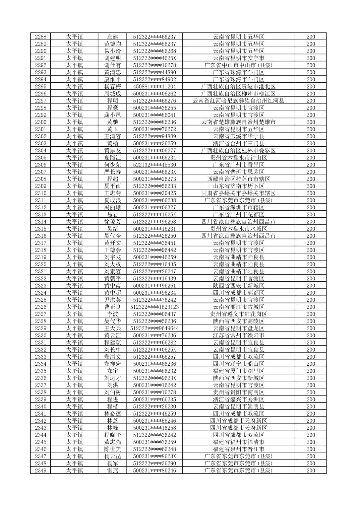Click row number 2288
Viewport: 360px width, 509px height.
coord(41,37)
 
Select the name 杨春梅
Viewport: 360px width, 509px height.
coord(112,86)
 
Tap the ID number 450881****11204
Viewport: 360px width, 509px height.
coord(154,86)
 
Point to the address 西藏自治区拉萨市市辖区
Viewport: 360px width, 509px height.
coord(238,179)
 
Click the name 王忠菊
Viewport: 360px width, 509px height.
coord(112,193)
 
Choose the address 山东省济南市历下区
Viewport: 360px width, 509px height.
coord(238,186)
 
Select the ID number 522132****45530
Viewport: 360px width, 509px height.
coord(154,165)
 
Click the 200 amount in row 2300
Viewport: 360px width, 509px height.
coord(310,122)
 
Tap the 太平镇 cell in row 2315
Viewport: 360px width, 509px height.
coord(74,229)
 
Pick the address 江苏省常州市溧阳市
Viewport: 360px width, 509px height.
coord(238,336)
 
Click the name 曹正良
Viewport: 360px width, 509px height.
coord(112,307)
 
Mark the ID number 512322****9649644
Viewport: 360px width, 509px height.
coord(154,328)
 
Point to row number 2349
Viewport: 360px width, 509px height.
coord(41,470)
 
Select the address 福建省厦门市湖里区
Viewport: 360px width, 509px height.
coord(238,371)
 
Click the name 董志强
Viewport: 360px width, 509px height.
coord(112,442)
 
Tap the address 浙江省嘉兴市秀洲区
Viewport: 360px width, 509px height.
coord(238,399)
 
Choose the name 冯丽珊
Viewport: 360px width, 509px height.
coord(112,207)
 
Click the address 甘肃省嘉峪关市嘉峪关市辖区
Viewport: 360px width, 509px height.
coord(238,193)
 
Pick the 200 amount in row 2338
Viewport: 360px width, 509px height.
coord(310,392)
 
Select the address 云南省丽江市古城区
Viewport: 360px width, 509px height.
coord(238,307)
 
